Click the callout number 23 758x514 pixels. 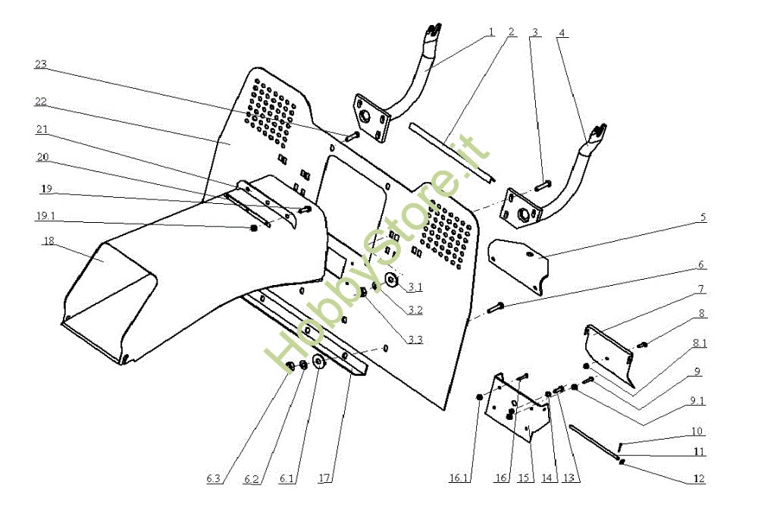pos(41,65)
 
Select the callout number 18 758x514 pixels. pos(49,242)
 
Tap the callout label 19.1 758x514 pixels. pos(45,215)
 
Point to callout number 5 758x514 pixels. pos(703,218)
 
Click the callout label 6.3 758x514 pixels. pos(214,479)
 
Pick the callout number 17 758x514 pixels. pos(324,479)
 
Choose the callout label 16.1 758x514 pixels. pos(459,479)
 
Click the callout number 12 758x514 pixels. pos(699,479)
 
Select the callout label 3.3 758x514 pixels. pos(414,339)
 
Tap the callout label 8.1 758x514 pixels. pos(699,343)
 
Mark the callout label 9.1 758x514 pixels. pos(697,401)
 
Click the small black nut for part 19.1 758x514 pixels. pos(253,227)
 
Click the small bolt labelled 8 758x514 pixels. pos(642,345)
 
